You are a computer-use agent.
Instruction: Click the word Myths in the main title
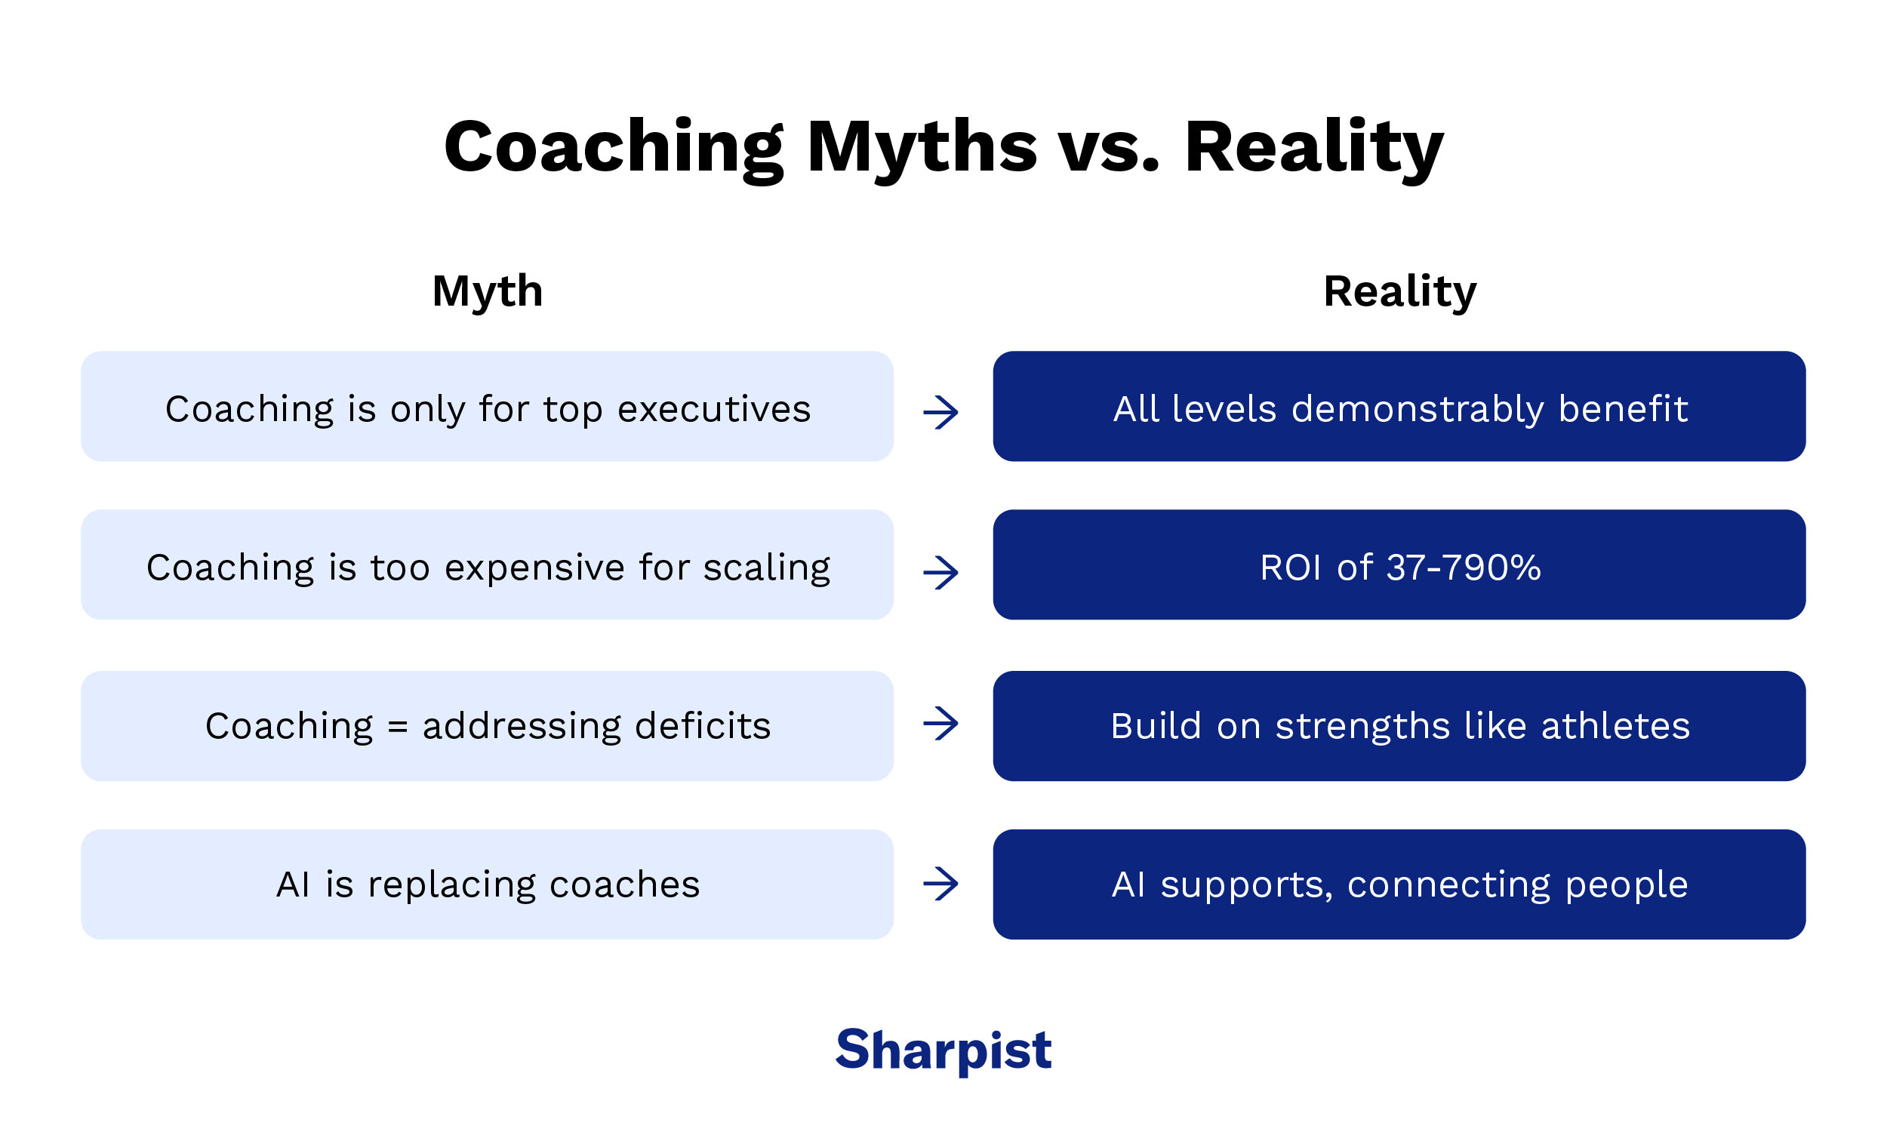pyautogui.click(x=922, y=146)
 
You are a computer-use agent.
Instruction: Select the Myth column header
pyautogui.click(x=488, y=291)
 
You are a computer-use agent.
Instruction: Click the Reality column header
pyautogui.click(x=1399, y=291)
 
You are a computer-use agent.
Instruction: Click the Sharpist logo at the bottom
pyautogui.click(x=943, y=1050)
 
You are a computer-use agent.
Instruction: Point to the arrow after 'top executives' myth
pyautogui.click(x=940, y=412)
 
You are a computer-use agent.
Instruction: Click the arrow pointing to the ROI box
pyautogui.click(x=940, y=572)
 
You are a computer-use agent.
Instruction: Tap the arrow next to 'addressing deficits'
pyautogui.click(x=940, y=723)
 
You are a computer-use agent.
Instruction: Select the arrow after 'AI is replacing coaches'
pyautogui.click(x=940, y=883)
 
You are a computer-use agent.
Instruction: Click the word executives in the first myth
pyautogui.click(x=714, y=409)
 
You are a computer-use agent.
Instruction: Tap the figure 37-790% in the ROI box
pyautogui.click(x=1463, y=568)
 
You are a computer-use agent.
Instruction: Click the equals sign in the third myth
pyautogui.click(x=397, y=726)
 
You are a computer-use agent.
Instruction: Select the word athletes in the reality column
pyautogui.click(x=1615, y=725)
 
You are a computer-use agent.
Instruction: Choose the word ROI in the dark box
pyautogui.click(x=1291, y=568)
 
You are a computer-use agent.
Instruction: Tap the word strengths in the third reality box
pyautogui.click(x=1362, y=725)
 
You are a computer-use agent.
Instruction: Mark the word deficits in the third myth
pyautogui.click(x=703, y=725)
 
